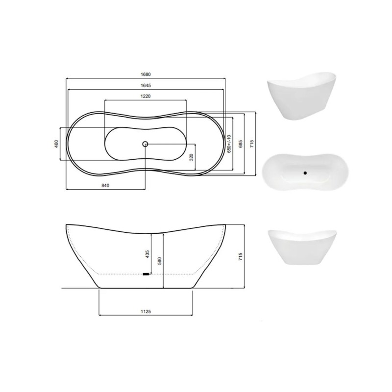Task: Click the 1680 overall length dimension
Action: (x=146, y=74)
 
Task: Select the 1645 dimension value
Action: (x=146, y=85)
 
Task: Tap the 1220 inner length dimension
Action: (x=146, y=96)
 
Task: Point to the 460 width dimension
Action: (x=56, y=144)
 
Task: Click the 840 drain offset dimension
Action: (x=105, y=186)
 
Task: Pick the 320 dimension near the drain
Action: (x=192, y=157)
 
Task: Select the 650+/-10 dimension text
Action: (x=229, y=144)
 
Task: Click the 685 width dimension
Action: (x=241, y=144)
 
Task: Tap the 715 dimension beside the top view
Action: (x=252, y=144)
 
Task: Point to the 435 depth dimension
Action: (x=147, y=254)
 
